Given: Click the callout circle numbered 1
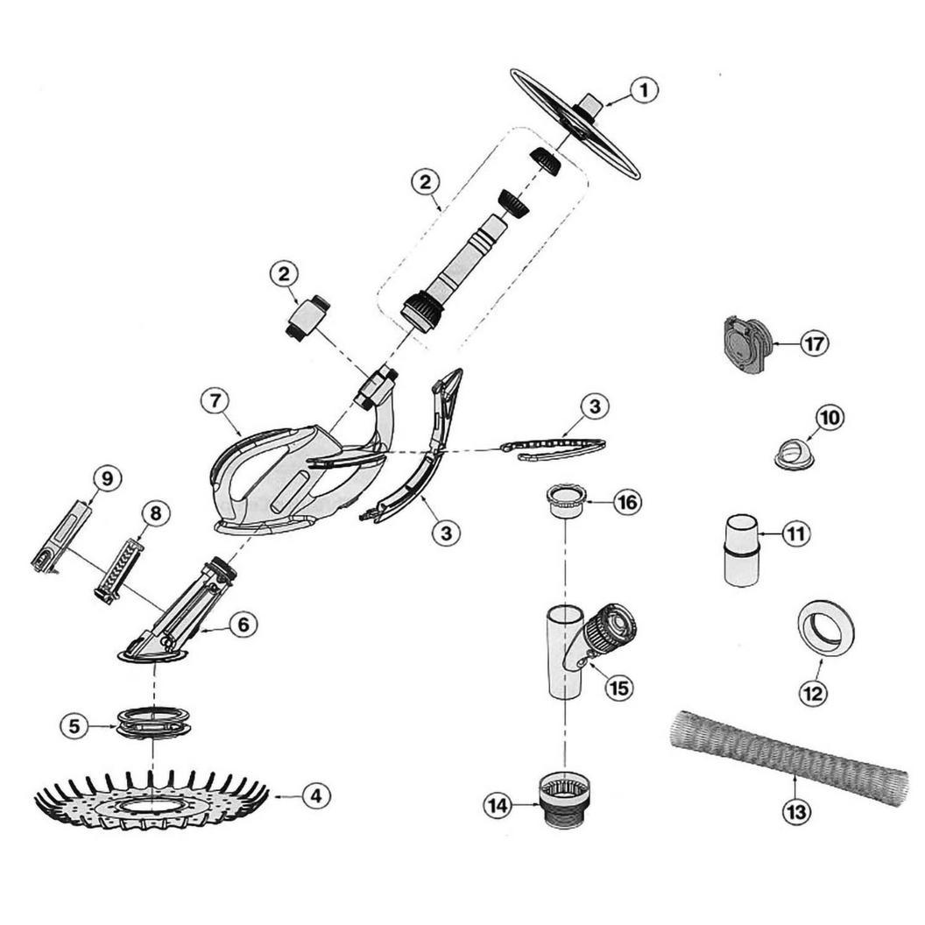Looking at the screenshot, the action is coord(644,90).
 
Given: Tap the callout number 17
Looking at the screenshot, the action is coord(814,342).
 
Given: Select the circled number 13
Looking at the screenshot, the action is coord(796,812).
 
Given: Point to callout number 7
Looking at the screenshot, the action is coord(215,401).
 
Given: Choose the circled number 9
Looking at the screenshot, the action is coord(107,478).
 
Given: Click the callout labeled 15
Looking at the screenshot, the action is coord(618,688).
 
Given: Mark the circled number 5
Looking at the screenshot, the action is coord(74,725).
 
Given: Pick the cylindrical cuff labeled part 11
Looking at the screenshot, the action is coord(741,550).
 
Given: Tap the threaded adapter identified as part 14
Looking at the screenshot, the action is coord(561,800).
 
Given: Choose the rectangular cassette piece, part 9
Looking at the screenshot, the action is coord(60,536).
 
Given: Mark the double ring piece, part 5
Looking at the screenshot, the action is coord(153,721).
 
